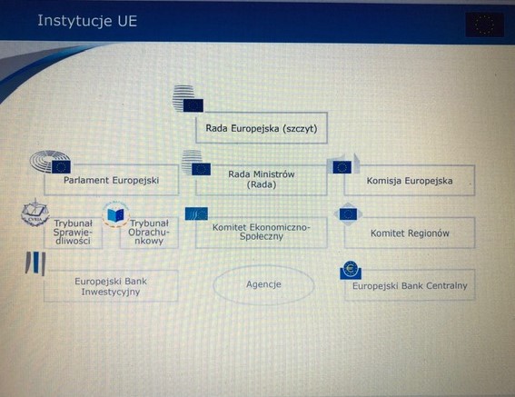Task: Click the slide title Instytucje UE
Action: pos(87,21)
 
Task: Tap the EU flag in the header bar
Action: pos(484,25)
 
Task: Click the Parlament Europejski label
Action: pos(112,180)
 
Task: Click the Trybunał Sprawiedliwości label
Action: pos(73,232)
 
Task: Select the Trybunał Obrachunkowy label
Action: pos(149,232)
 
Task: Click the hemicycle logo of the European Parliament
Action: pos(50,162)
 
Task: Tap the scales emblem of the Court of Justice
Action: pos(35,213)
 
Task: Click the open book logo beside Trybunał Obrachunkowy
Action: pos(115,214)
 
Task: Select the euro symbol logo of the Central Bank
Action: pos(351,270)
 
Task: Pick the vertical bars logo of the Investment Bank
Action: pos(35,263)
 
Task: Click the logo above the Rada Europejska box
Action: pos(188,99)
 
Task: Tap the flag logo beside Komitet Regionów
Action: pos(348,214)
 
